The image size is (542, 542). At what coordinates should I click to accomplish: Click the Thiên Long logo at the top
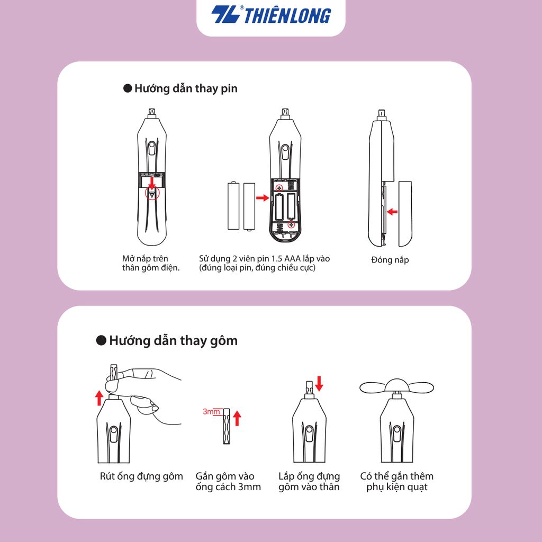pyautogui.click(x=271, y=15)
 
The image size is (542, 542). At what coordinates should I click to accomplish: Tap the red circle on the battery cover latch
pyautogui.click(x=152, y=194)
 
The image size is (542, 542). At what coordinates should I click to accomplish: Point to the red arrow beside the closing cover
pyautogui.click(x=392, y=212)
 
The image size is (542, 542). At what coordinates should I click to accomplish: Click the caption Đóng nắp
pyautogui.click(x=390, y=260)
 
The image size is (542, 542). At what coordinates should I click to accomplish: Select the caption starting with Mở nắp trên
pyautogui.click(x=151, y=263)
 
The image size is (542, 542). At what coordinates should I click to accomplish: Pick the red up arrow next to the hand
pyautogui.click(x=99, y=397)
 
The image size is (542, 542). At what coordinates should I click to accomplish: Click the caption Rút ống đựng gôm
pyautogui.click(x=141, y=476)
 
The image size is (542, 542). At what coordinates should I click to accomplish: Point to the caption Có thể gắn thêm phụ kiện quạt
pyautogui.click(x=396, y=482)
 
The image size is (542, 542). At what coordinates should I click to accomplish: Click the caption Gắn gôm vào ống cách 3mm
pyautogui.click(x=228, y=482)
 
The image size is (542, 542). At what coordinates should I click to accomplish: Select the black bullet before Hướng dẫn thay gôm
pyautogui.click(x=101, y=340)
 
